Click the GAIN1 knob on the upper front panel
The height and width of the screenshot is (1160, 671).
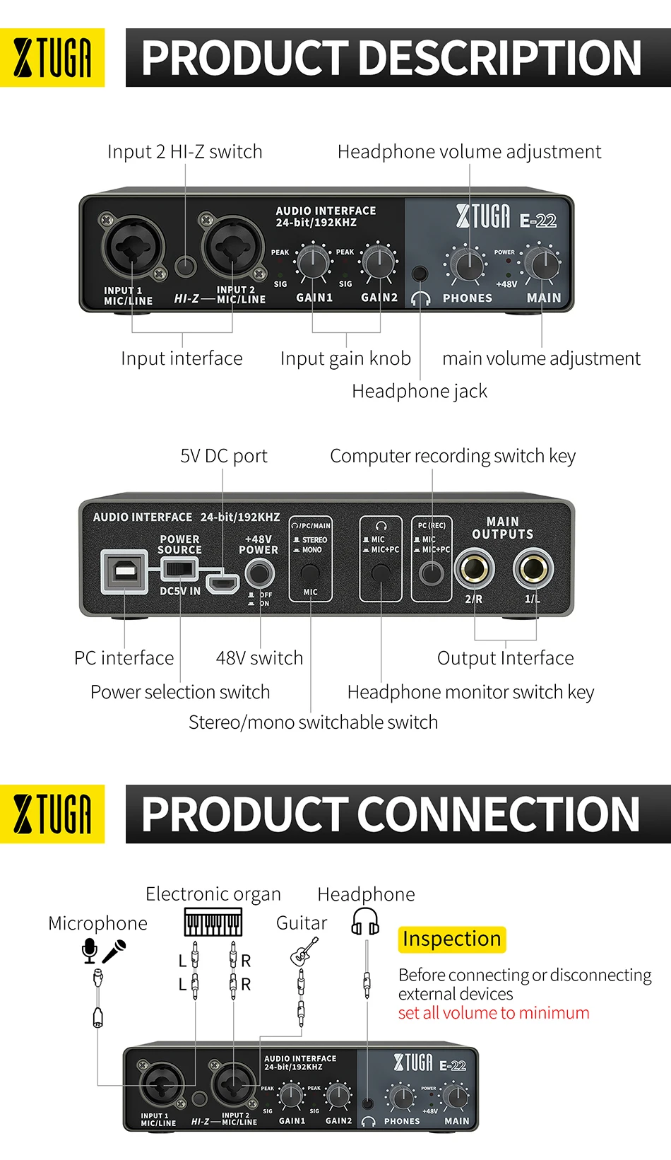pyautogui.click(x=312, y=263)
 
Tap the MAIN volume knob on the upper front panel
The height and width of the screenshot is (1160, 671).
pyautogui.click(x=543, y=264)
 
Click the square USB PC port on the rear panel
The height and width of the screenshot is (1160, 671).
pyautogui.click(x=125, y=571)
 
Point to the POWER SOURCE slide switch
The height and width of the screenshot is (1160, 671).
pyautogui.click(x=179, y=568)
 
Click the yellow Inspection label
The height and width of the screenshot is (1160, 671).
pyautogui.click(x=452, y=939)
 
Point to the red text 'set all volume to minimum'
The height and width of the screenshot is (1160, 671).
pyautogui.click(x=494, y=1013)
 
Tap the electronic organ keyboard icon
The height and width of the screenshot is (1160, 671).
pyautogui.click(x=213, y=922)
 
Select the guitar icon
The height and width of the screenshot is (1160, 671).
pyautogui.click(x=304, y=951)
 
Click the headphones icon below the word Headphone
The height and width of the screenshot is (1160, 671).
pyautogui.click(x=366, y=921)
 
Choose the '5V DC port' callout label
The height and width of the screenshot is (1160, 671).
pyautogui.click(x=224, y=456)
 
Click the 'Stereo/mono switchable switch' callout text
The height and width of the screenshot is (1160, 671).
pyautogui.click(x=313, y=722)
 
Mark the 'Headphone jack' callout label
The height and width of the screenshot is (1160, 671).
pyautogui.click(x=420, y=391)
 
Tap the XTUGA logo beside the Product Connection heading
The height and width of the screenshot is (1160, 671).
pyautogui.click(x=52, y=814)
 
